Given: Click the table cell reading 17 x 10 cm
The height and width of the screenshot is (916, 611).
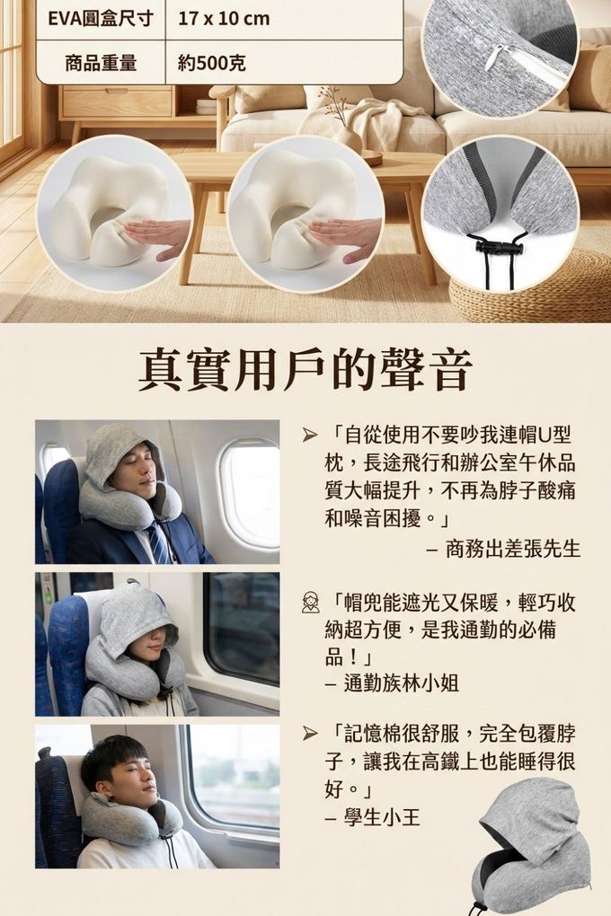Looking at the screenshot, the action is point(224,19).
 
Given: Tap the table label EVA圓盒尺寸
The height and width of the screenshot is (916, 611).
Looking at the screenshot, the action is point(101,19).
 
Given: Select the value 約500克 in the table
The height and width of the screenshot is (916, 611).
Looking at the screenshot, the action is point(212,63).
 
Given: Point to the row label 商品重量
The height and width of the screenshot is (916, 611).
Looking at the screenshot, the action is point(101,63).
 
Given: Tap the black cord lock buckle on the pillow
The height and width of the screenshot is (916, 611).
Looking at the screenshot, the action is point(491,244).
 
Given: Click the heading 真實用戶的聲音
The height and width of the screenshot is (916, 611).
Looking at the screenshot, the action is point(305,370).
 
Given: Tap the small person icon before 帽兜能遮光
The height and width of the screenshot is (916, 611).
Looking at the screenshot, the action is point(311,603).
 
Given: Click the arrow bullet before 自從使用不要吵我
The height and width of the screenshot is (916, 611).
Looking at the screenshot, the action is point(310,436).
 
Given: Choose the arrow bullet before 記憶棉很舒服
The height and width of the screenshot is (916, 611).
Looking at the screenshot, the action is point(310,734).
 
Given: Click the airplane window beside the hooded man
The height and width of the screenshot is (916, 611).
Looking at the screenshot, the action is point(252,494).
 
